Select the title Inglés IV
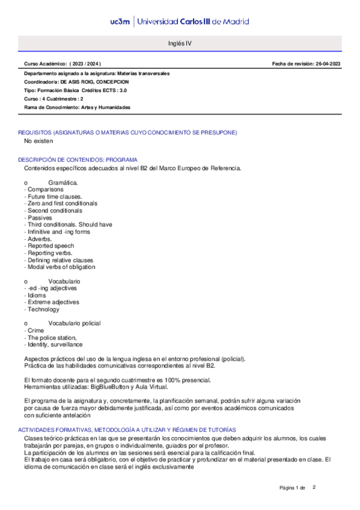180,44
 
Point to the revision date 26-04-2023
327,64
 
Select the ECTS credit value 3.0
123,90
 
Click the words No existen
38,141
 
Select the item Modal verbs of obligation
61,267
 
